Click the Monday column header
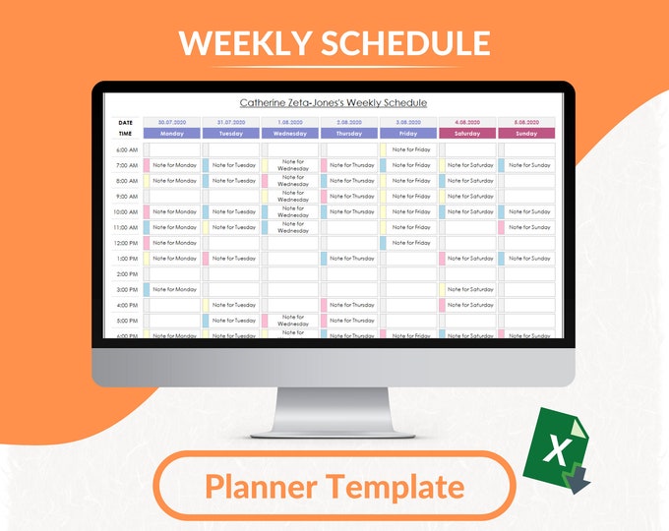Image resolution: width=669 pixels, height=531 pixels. pos(171,133)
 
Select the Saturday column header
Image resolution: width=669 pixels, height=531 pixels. pos(466,133)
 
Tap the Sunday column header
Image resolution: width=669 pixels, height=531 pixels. pos(525,133)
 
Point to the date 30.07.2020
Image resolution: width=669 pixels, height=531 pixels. pos(171,122)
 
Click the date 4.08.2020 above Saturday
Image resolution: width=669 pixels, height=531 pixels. pos(466,122)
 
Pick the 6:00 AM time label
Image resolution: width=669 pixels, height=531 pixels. pos(127,149)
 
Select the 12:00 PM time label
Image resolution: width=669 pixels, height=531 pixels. pos(126,243)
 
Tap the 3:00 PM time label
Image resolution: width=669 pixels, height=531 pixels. pos(127,289)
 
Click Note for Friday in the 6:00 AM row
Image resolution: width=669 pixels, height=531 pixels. pos(411,149)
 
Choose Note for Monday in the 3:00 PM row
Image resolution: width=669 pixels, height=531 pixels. pos(175,289)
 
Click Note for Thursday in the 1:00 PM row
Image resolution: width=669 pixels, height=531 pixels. pos(352,259)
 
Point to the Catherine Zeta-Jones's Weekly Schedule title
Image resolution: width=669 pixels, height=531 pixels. pos(334,102)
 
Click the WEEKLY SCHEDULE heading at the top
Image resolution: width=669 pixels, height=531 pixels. pos(334,42)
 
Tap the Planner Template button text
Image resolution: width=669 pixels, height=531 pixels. pos(334,486)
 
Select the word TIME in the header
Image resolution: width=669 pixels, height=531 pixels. pos(126,133)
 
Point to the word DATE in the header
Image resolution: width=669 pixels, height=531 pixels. pos(126,122)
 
